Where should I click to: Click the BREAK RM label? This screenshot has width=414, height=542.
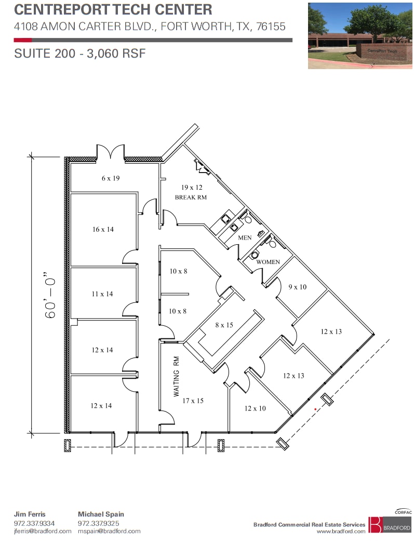[x=191, y=197]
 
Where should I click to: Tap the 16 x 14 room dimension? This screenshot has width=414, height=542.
[x=103, y=229]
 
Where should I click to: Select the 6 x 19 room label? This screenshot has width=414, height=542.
[x=110, y=178]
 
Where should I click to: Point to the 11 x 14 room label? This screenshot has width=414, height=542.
[x=102, y=294]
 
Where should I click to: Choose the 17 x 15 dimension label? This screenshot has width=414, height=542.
[x=193, y=401]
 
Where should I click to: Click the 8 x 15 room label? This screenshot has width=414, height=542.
[x=224, y=325]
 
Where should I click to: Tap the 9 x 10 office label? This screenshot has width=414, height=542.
[x=297, y=287]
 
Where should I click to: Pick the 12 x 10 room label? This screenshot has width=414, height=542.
[x=255, y=408]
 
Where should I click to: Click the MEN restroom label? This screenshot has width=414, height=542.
[x=245, y=237]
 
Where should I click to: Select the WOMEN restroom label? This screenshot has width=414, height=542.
[x=268, y=262]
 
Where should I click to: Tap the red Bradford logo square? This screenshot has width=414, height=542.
[x=375, y=524]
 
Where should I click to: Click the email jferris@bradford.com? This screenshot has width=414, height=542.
[x=43, y=531]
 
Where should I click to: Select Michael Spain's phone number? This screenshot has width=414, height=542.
[x=98, y=523]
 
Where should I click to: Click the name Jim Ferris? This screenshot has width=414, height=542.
[x=30, y=514]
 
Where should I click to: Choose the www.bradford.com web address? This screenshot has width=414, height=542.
[x=341, y=531]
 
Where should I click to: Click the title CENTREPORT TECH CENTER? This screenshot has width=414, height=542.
[x=113, y=9]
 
